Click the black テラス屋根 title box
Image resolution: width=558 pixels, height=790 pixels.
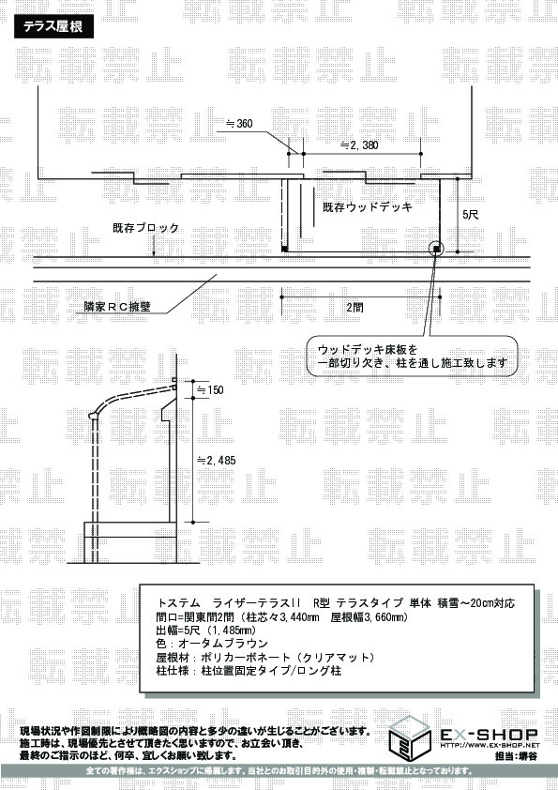coord(53,26)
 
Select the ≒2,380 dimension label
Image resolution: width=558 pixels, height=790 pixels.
coord(359,145)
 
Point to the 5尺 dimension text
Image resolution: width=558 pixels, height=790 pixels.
coord(471,215)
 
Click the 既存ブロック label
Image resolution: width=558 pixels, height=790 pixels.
coord(145,228)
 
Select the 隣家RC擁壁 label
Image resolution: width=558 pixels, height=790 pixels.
coord(117,306)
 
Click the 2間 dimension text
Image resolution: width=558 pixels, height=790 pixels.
coord(354,308)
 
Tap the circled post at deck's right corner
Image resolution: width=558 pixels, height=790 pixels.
coord(436,249)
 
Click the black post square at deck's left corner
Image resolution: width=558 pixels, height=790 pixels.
coord(284,249)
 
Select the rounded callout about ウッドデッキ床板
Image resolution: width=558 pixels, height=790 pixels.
coord(412,357)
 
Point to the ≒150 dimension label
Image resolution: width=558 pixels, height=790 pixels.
coord(209,390)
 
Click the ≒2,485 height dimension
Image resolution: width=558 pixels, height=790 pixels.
coord(216,460)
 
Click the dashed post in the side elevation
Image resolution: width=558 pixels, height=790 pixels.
coord(94,490)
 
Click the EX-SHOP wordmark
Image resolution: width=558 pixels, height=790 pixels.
coord(490,734)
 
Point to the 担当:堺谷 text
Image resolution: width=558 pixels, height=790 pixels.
coord(516,756)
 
